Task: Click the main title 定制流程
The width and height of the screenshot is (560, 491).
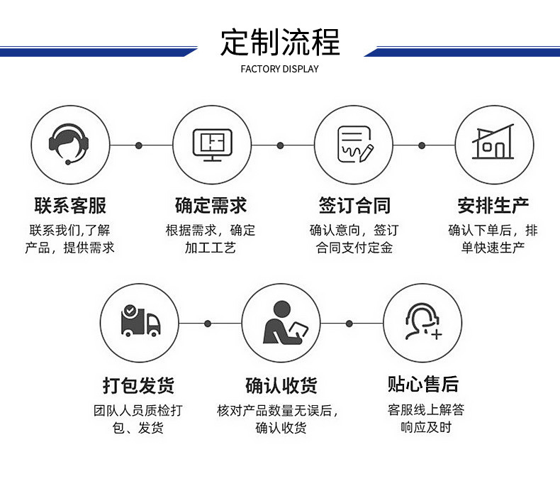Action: [x=280, y=42]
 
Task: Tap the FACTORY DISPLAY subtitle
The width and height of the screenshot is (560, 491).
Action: [x=280, y=69]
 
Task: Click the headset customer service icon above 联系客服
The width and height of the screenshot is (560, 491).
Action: [x=69, y=145]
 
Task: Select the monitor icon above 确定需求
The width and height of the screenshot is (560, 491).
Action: [x=212, y=145]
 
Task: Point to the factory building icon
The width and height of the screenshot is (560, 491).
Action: [x=493, y=145]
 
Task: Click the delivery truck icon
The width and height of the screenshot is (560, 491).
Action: [x=140, y=323]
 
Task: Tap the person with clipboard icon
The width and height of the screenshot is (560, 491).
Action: [x=281, y=323]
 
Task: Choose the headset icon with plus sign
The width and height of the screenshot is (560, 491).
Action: [x=422, y=323]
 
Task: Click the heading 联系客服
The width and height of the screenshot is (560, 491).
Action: [x=70, y=206]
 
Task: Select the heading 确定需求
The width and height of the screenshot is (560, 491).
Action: [x=211, y=206]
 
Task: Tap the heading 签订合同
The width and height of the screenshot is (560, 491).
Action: [x=354, y=206]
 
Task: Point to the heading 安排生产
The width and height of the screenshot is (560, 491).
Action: [x=493, y=206]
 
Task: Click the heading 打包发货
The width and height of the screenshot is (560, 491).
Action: [x=138, y=385]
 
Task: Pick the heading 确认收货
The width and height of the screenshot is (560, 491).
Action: [x=281, y=385]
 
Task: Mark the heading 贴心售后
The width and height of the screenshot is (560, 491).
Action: [x=423, y=385]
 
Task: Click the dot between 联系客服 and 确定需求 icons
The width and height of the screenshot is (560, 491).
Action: [x=139, y=145]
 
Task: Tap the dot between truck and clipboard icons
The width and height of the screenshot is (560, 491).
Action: [x=208, y=324]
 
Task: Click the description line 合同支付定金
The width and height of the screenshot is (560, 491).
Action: [x=354, y=248]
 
